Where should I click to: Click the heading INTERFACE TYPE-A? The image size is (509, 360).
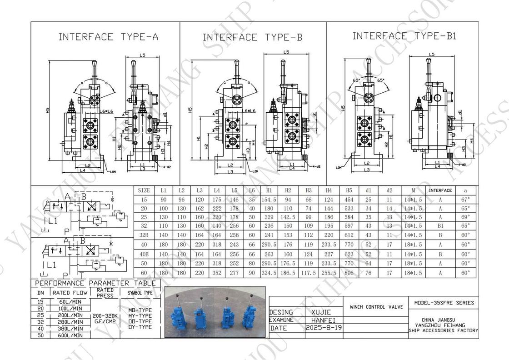tap(108, 37)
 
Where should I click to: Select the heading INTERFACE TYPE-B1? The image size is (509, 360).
tap(404, 36)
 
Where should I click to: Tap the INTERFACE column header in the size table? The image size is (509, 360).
tap(440, 190)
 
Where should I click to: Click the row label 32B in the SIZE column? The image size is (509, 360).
tap(144, 236)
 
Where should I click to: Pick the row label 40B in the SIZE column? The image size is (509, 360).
tap(144, 255)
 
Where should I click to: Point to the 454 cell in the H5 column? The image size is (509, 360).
tap(349, 200)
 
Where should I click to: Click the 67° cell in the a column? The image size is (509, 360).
tap(465, 200)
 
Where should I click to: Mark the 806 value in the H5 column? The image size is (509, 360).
tap(349, 273)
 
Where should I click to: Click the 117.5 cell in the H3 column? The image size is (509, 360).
tap(309, 273)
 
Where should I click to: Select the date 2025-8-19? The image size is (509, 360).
tap(324, 328)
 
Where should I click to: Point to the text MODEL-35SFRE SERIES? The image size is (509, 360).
tap(444, 303)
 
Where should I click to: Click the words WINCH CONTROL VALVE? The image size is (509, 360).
tap(376, 307)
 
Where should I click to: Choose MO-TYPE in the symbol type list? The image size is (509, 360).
tap(140, 310)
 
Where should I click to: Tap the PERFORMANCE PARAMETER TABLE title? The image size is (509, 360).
tap(95, 283)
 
